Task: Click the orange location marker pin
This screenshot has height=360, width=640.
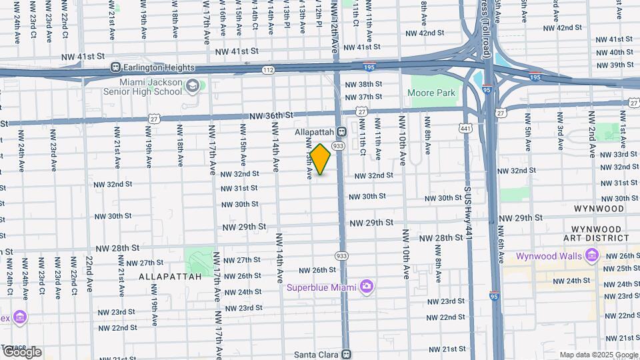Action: click(320, 159)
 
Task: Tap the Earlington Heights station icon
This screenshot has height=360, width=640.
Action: click(116, 67)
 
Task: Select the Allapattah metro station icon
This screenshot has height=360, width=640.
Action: click(341, 132)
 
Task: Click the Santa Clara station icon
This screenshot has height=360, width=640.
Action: click(345, 354)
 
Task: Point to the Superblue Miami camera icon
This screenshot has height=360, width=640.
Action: click(365, 287)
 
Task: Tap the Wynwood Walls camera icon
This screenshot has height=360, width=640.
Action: click(591, 255)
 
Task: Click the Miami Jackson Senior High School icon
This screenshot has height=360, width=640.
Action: click(193, 85)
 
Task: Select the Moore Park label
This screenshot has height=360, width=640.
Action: click(430, 93)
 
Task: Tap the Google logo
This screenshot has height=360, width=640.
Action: click(22, 352)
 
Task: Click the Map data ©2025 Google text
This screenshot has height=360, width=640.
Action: click(599, 355)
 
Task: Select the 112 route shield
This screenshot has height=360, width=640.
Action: click(268, 70)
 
